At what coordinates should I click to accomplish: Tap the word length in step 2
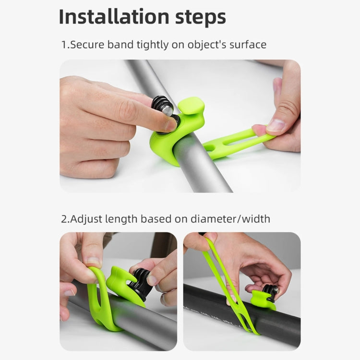[124, 219]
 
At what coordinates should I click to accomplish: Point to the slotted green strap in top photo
[235, 143]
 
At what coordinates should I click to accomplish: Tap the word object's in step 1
[204, 45]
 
